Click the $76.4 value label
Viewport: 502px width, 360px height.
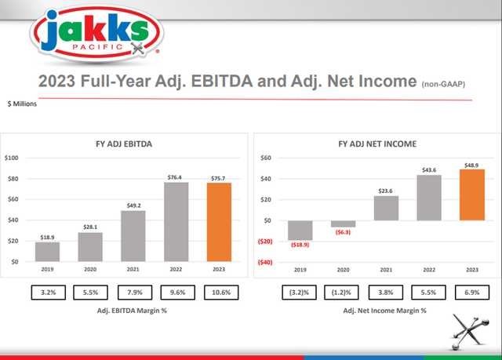pos(176,176)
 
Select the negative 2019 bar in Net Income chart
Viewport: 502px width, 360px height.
pos(300,229)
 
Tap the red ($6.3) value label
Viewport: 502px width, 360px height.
pos(343,233)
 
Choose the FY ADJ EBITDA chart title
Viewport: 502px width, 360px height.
pos(129,144)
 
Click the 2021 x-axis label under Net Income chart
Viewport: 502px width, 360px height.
pos(385,269)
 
